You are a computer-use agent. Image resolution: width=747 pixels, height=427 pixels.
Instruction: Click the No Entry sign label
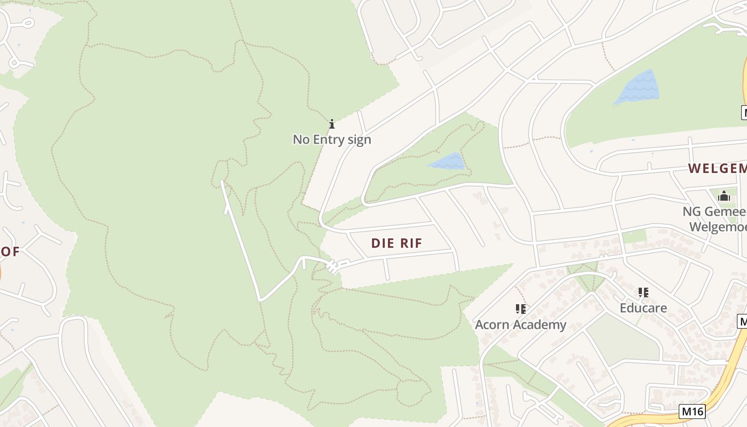pos(331,139)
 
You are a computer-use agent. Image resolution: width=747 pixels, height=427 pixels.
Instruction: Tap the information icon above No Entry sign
pos(331,124)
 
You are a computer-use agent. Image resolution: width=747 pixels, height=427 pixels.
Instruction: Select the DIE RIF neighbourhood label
pos(396,243)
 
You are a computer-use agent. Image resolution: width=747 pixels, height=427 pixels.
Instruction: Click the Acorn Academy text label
pos(520,325)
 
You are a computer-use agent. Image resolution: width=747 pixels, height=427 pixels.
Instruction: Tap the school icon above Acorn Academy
pos(521,309)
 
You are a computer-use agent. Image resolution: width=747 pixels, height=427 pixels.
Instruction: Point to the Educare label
pos(643,308)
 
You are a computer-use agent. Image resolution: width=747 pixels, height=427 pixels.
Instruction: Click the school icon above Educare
pos(643,292)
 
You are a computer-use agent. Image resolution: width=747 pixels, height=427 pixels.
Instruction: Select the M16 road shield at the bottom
pos(692,412)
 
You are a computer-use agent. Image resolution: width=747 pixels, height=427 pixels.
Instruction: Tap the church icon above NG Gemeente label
pos(724,196)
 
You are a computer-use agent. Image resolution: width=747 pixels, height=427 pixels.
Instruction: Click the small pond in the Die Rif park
pos(448,161)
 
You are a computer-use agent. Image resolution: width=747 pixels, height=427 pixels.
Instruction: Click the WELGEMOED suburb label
pos(717,169)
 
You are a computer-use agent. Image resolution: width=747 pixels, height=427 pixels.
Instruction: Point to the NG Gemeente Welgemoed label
pos(715,219)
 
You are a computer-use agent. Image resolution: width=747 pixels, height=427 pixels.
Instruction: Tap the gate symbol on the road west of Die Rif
pos(333,266)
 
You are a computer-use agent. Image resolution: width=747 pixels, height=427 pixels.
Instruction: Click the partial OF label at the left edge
pos(10,252)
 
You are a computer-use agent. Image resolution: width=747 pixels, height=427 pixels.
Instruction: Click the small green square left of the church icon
pos(633,236)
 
